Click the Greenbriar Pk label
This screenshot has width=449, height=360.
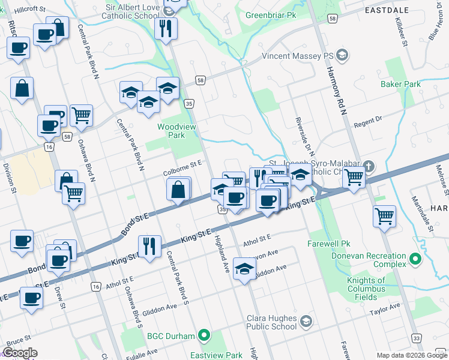271,14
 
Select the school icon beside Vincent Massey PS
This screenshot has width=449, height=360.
342,56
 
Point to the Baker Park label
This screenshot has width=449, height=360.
400,84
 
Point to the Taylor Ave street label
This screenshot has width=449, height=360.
385,308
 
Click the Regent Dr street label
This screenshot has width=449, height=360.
368,122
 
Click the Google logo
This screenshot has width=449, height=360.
20,353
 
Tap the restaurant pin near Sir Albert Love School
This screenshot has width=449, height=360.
166,28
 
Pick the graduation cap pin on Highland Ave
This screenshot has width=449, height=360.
244,269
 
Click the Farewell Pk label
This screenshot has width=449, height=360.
328,244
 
